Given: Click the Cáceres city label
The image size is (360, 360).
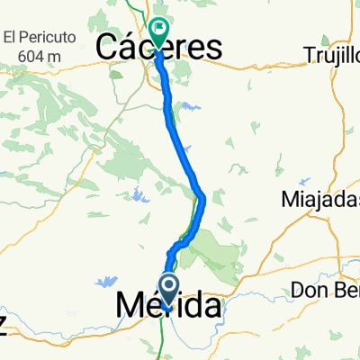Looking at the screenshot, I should click(160, 48).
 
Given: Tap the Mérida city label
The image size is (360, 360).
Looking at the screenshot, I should click(167, 307).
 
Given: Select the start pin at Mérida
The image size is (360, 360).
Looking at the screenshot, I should click(168, 288).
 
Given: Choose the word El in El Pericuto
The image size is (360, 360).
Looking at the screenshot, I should click(12, 38).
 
